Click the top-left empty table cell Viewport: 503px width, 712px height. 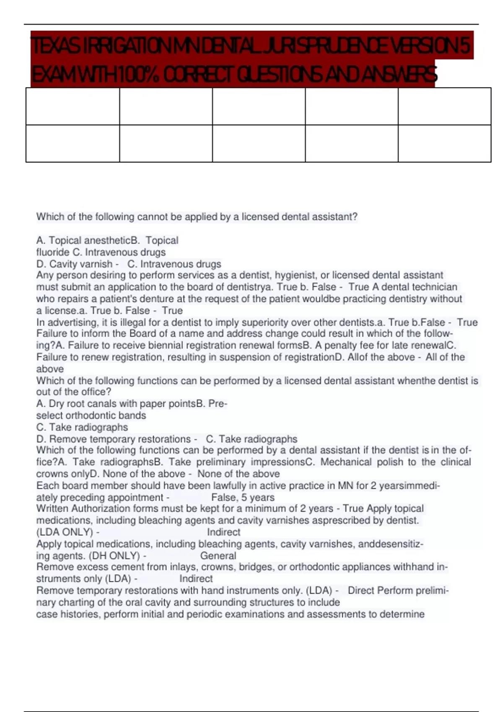pos(73,106)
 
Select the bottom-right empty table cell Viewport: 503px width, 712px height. pos(444,143)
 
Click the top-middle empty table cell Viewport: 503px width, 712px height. pos(259,106)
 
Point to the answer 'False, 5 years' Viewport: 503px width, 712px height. pos(243,498)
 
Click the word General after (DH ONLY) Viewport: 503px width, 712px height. pos(218,556)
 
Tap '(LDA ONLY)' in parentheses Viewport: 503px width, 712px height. pos(65,532)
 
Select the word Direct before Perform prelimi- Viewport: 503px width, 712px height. pos(361,591)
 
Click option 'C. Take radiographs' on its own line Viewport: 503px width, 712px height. pos(82,427)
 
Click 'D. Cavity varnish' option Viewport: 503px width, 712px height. pos(74,264)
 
